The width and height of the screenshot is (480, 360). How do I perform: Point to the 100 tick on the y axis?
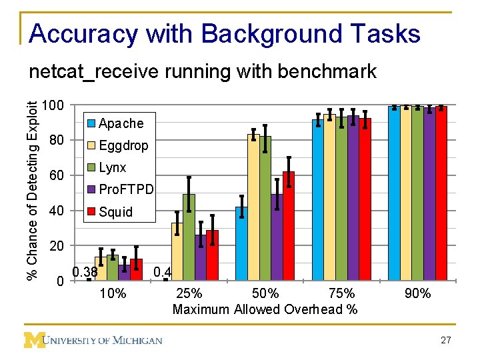[x=52, y=106]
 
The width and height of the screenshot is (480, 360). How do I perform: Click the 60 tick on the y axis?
[x=57, y=177]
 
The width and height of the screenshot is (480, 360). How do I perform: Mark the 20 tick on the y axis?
[x=57, y=247]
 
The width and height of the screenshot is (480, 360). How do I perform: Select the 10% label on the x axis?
[x=112, y=294]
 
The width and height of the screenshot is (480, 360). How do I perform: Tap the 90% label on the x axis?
[x=417, y=294]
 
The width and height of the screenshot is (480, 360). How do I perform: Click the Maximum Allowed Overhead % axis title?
[x=265, y=309]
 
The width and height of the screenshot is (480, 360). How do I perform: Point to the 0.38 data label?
[x=85, y=272]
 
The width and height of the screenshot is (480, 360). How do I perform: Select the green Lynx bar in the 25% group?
[x=189, y=237]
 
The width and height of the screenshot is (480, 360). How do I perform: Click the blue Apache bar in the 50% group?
[x=241, y=244]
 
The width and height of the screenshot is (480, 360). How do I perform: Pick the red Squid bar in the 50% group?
[x=288, y=226]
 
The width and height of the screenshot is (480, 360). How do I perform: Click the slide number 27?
[x=446, y=341]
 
